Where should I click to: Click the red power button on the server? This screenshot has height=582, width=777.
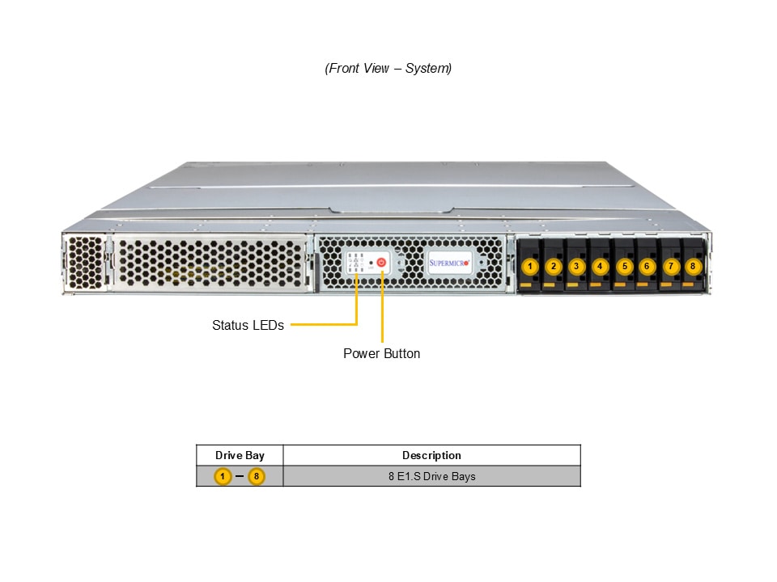(x=382, y=263)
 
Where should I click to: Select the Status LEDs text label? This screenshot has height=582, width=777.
(x=248, y=326)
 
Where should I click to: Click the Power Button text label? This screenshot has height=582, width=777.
(x=381, y=354)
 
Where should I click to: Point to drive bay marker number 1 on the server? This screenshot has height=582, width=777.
(x=530, y=266)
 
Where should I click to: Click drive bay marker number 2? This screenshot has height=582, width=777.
(x=554, y=266)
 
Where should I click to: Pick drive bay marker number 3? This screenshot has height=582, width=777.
(x=576, y=266)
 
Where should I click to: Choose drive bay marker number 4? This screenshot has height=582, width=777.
(x=600, y=266)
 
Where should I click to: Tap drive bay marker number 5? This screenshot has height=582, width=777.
(x=624, y=266)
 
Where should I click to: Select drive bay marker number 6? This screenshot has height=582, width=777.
(x=647, y=266)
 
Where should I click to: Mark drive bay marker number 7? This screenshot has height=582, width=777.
(x=670, y=266)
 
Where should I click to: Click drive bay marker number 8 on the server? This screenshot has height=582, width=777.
(x=693, y=266)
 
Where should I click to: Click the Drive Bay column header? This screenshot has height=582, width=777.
(x=240, y=456)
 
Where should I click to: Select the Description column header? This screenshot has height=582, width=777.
(x=431, y=456)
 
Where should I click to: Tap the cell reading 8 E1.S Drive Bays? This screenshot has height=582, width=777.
(x=431, y=476)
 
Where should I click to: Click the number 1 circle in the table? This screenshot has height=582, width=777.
(x=223, y=476)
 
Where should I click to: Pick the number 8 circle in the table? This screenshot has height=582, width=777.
(x=257, y=476)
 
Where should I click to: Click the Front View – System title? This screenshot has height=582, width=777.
(x=388, y=69)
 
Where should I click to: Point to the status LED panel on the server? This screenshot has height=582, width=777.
(x=355, y=263)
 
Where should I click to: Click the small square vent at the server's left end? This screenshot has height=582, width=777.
(x=86, y=262)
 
